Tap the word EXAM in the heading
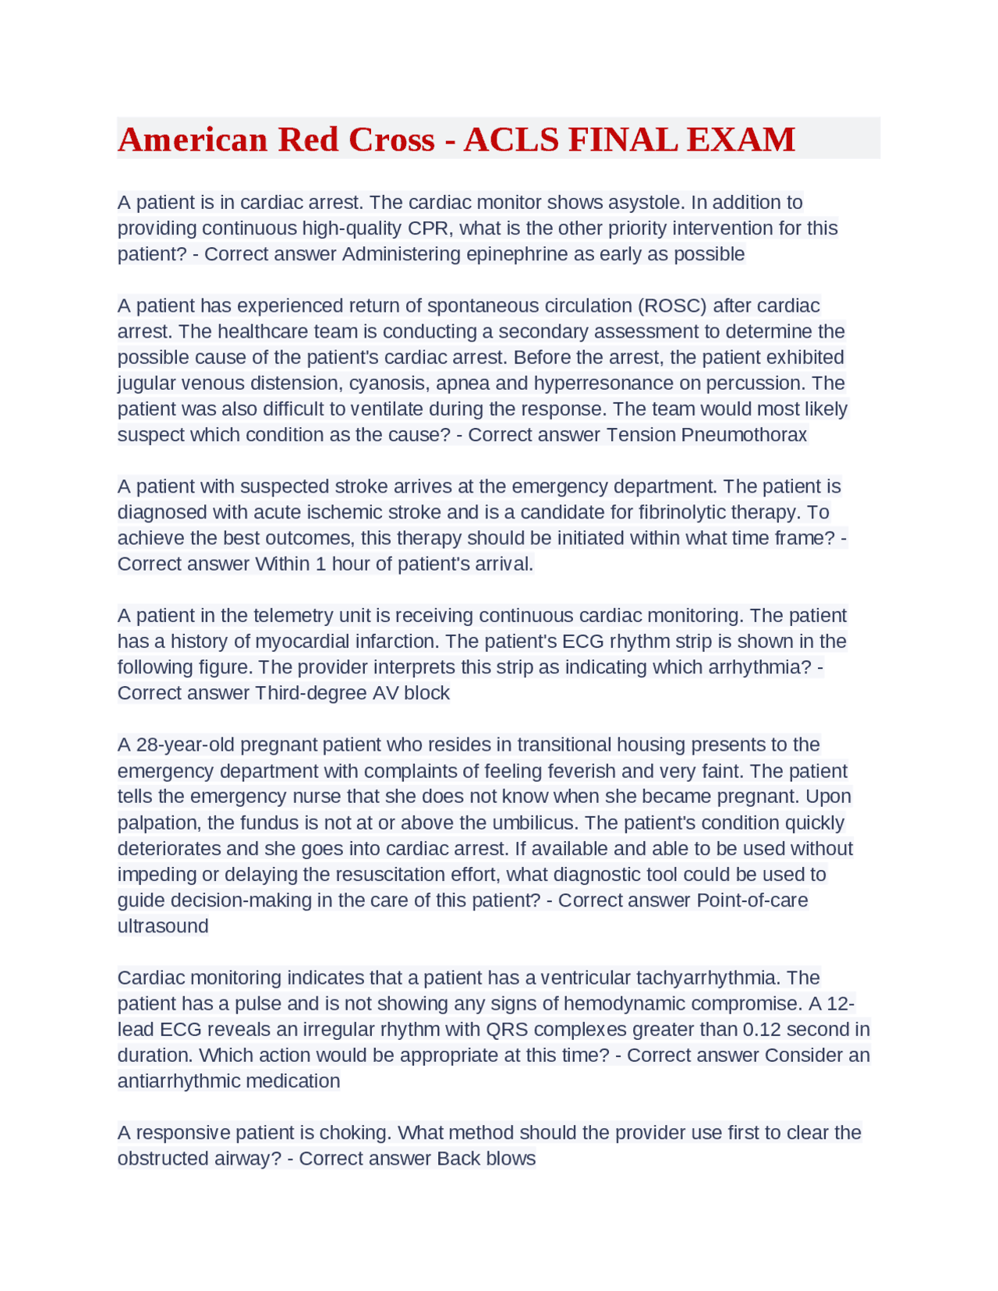pos(741,140)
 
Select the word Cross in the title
pos(391,140)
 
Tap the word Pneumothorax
pos(744,435)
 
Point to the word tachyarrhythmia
pos(709,978)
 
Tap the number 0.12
pos(761,1029)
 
